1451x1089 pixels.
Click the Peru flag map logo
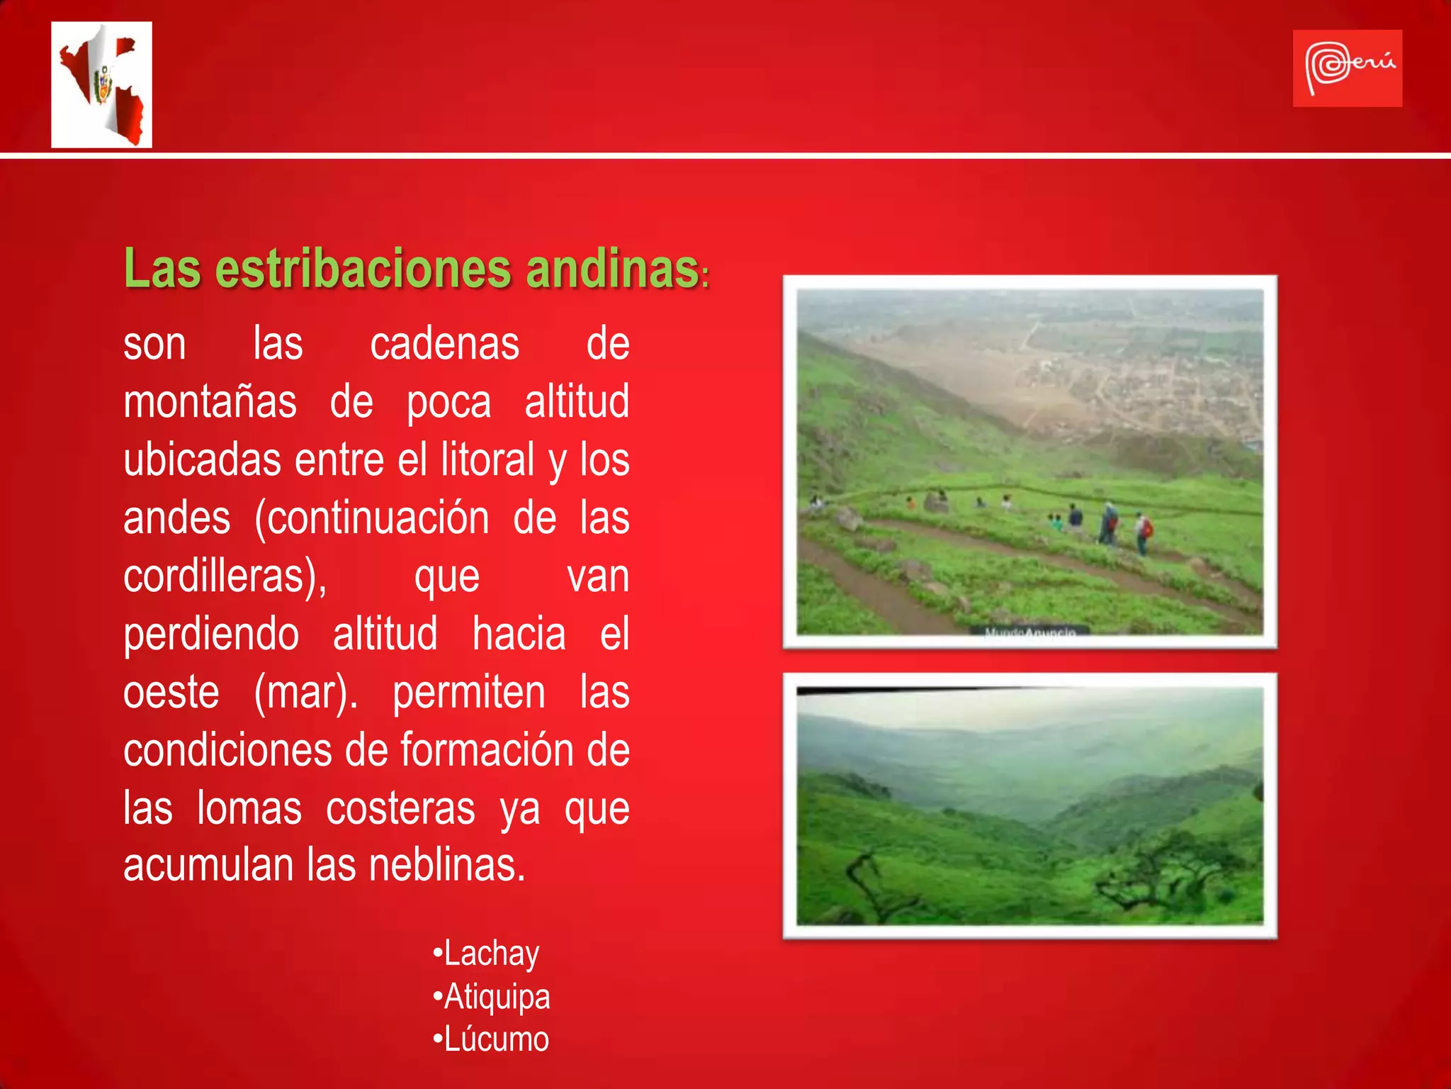(x=101, y=84)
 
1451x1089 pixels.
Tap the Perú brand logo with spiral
(x=1347, y=68)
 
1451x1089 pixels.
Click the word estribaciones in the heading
(x=363, y=269)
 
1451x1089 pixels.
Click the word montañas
(x=210, y=403)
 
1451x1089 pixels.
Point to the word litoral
(x=487, y=461)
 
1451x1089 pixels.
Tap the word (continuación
(x=371, y=518)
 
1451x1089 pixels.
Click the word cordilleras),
(x=225, y=576)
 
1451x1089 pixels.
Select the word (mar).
(x=305, y=693)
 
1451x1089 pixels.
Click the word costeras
(x=400, y=809)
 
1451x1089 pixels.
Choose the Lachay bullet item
(x=487, y=954)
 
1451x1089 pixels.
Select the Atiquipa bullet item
(x=492, y=998)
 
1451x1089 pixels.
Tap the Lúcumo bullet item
(x=491, y=1040)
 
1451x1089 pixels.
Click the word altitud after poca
(x=577, y=403)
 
